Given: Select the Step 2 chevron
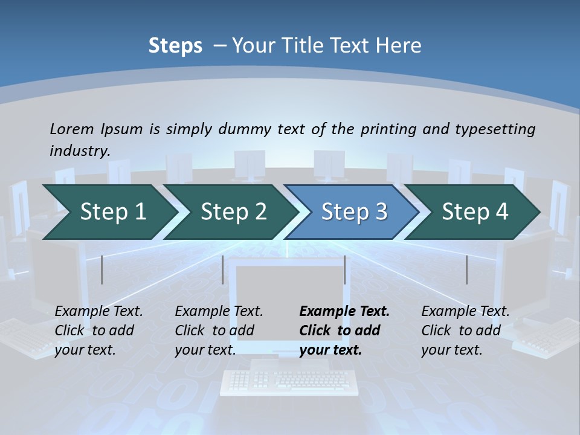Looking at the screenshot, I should click(x=233, y=212).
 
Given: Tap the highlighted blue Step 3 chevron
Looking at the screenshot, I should click(x=353, y=212).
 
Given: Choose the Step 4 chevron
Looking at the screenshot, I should click(x=474, y=212).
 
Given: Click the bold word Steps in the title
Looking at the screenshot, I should click(x=175, y=46).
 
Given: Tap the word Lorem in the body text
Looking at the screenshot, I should click(x=72, y=129).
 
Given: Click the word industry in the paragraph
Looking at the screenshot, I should click(x=79, y=150).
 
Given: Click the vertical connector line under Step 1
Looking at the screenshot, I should click(x=101, y=269).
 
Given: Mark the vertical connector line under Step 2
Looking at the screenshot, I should click(x=223, y=269).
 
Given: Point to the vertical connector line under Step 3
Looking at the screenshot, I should click(x=344, y=269).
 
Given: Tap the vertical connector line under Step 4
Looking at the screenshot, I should click(x=466, y=269).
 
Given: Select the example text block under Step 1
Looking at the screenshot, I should click(x=98, y=330).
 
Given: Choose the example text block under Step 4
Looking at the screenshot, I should click(x=465, y=330).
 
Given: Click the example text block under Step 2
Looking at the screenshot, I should click(x=218, y=330).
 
